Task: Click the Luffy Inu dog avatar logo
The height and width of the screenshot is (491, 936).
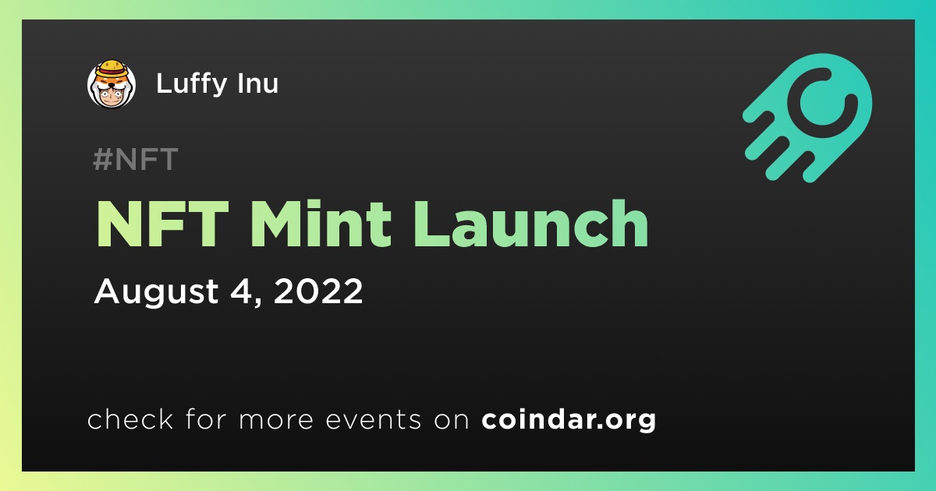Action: (x=111, y=83)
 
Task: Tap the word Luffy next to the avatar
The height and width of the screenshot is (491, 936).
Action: (x=191, y=84)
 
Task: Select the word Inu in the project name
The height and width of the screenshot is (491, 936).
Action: (x=258, y=83)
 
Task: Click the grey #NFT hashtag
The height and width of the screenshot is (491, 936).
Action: (x=136, y=159)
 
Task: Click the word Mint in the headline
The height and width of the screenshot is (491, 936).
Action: (x=321, y=224)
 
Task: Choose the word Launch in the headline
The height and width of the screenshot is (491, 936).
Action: (x=530, y=224)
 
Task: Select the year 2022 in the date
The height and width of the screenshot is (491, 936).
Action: (x=318, y=291)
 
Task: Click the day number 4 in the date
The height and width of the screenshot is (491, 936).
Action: (x=241, y=291)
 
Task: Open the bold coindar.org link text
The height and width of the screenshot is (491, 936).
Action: (x=569, y=419)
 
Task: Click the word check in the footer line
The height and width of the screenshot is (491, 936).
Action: (x=129, y=419)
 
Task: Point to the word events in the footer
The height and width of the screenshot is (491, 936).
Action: (x=373, y=419)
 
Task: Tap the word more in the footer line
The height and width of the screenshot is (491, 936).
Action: (x=276, y=420)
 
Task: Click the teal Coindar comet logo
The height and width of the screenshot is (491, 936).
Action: (x=807, y=118)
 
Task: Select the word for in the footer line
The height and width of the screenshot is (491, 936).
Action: (x=206, y=419)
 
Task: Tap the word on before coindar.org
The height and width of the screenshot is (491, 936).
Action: (x=452, y=420)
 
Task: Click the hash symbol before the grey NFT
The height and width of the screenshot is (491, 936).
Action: (x=102, y=159)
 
